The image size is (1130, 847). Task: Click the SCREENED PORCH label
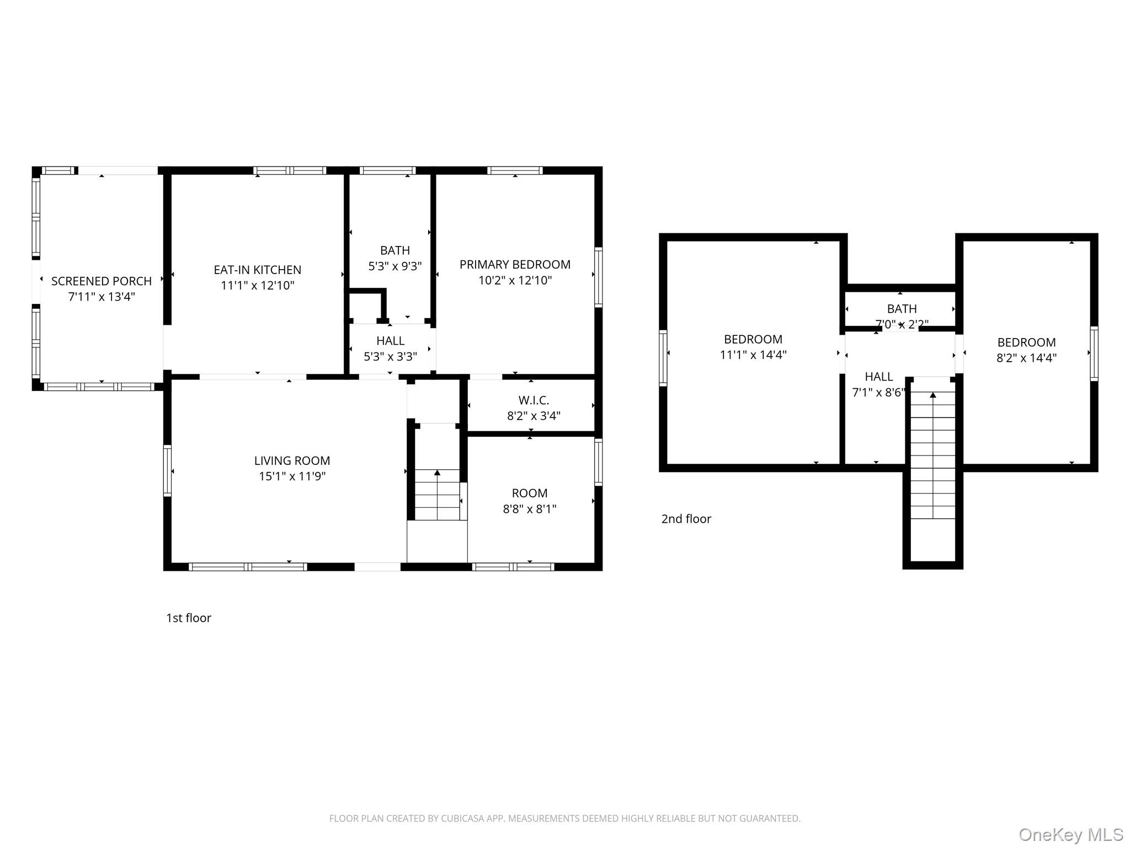(102, 281)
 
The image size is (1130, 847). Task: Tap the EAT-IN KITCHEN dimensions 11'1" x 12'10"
(258, 286)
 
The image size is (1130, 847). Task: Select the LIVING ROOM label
(292, 460)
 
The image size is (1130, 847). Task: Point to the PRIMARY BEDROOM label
(515, 265)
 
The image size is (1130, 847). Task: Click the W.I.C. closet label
(534, 400)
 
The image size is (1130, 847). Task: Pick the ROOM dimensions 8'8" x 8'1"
(529, 509)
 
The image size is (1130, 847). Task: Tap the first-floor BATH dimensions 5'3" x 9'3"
(395, 266)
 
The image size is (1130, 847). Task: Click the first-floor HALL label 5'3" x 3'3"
(390, 341)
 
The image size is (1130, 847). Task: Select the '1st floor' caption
(189, 618)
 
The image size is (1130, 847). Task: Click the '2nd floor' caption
(686, 519)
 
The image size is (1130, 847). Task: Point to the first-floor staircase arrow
(437, 473)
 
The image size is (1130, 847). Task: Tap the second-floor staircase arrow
(932, 395)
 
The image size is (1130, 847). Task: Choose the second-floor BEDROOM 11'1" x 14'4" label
(753, 340)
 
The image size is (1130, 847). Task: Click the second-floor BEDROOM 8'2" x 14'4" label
(1026, 342)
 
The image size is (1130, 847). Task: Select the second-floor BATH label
(902, 309)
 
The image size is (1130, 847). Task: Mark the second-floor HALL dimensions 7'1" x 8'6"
(878, 393)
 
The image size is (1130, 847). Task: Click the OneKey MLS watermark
(1070, 835)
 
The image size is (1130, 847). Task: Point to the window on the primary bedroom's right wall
(598, 277)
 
